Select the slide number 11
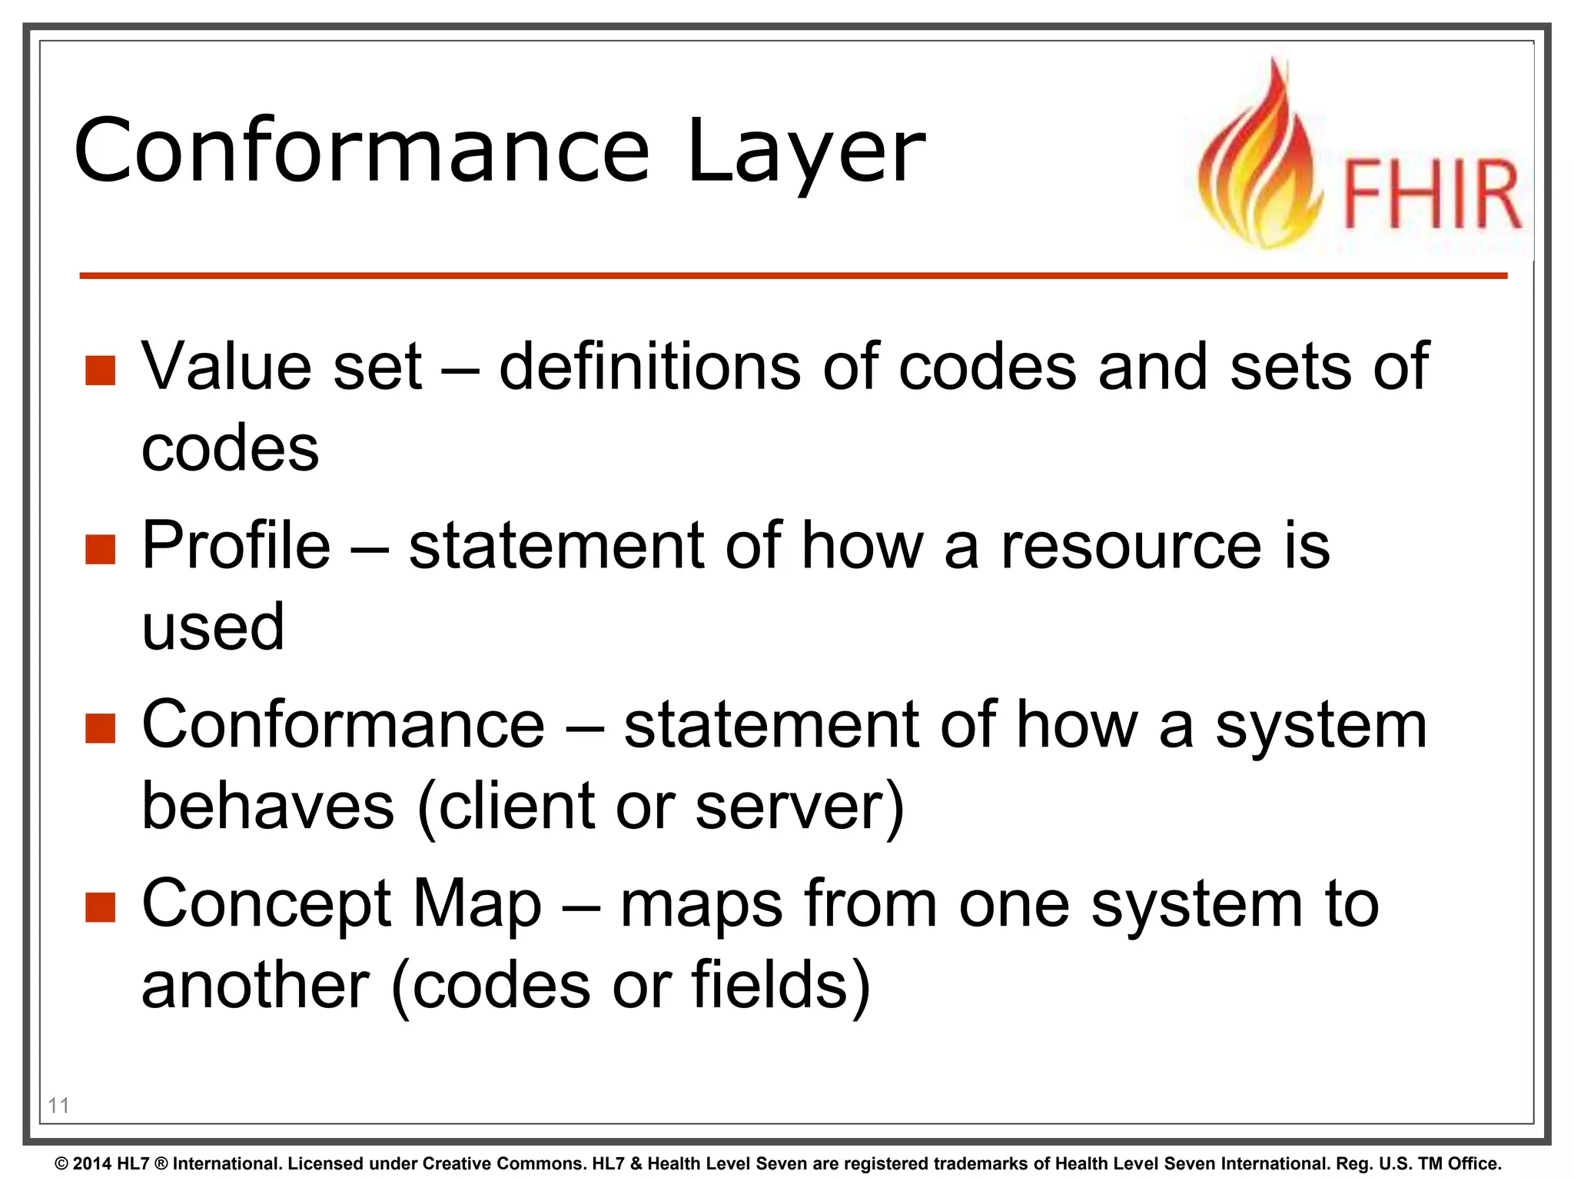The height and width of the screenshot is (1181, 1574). point(58,1106)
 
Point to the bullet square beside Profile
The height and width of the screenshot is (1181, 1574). point(100,549)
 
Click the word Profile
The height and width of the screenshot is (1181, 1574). point(236,546)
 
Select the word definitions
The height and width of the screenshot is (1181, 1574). point(649,367)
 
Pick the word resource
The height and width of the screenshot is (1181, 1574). point(1131,546)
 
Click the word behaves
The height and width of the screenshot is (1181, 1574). point(268,806)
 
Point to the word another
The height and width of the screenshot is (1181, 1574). point(256,986)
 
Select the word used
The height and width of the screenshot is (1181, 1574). point(213,627)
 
